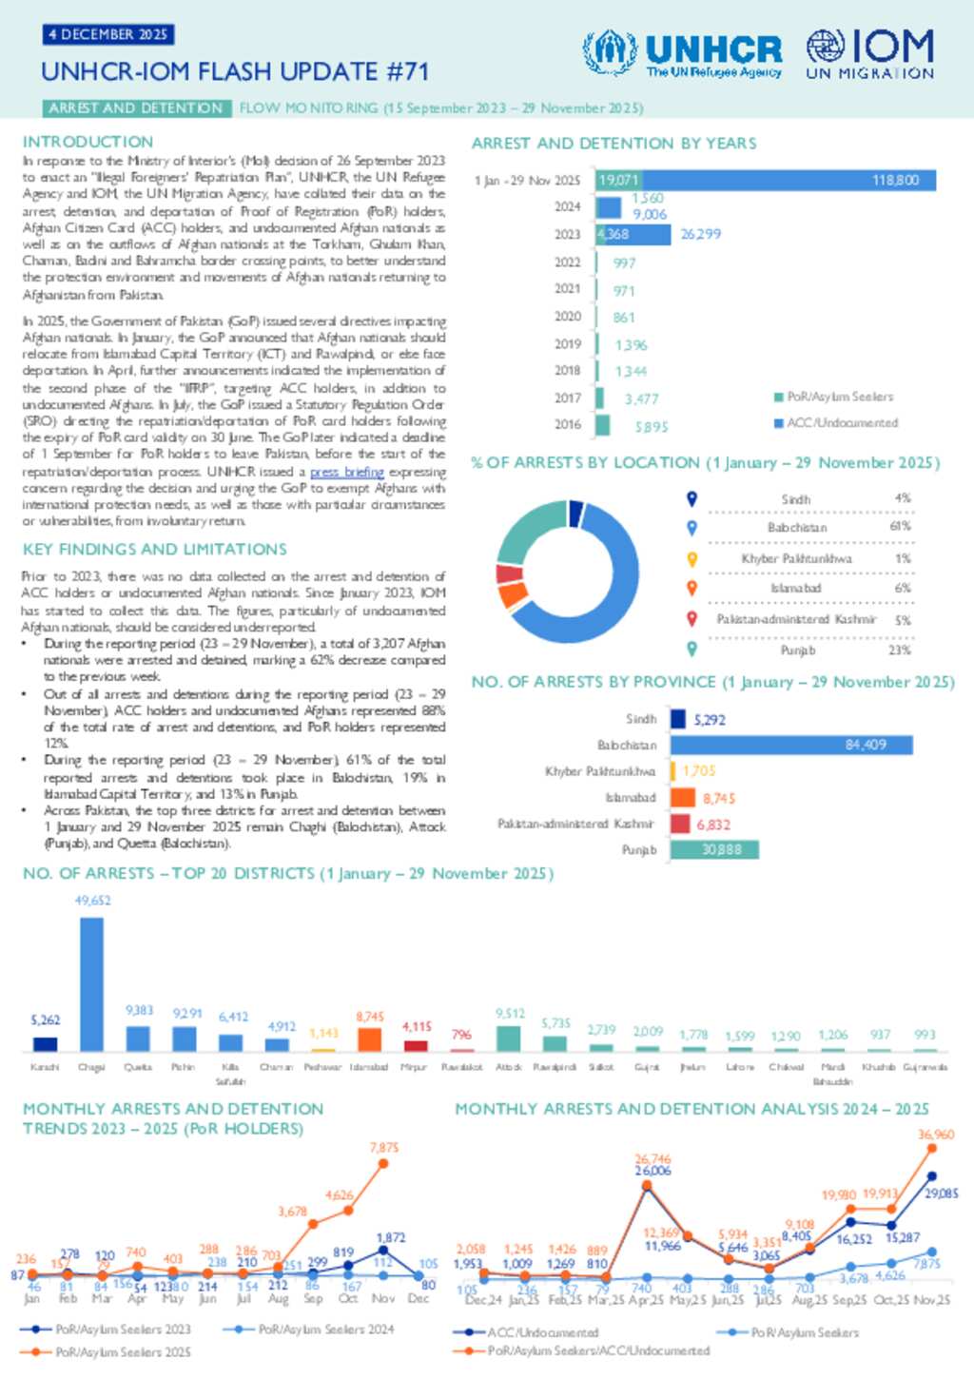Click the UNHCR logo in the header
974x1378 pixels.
(x=683, y=53)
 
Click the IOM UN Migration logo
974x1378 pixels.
(x=869, y=53)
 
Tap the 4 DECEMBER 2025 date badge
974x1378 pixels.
(x=107, y=34)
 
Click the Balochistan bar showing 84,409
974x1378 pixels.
(x=791, y=745)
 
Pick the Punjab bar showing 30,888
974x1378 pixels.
(x=714, y=849)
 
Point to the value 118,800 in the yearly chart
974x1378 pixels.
(x=895, y=180)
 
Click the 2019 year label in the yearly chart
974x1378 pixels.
(x=568, y=344)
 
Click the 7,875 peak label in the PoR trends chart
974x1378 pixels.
(x=384, y=1148)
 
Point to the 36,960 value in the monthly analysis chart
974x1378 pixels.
(x=936, y=1135)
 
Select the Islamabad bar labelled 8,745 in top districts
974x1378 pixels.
(x=369, y=1039)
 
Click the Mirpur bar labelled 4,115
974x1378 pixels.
(x=416, y=1045)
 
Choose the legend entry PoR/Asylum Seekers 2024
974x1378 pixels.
(x=325, y=1329)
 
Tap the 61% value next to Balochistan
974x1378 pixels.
(x=900, y=527)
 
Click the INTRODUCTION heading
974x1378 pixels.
(x=88, y=142)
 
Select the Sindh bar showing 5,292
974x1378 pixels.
(x=678, y=719)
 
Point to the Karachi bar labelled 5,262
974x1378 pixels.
(x=45, y=1043)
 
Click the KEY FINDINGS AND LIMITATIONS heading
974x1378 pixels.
(x=154, y=550)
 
